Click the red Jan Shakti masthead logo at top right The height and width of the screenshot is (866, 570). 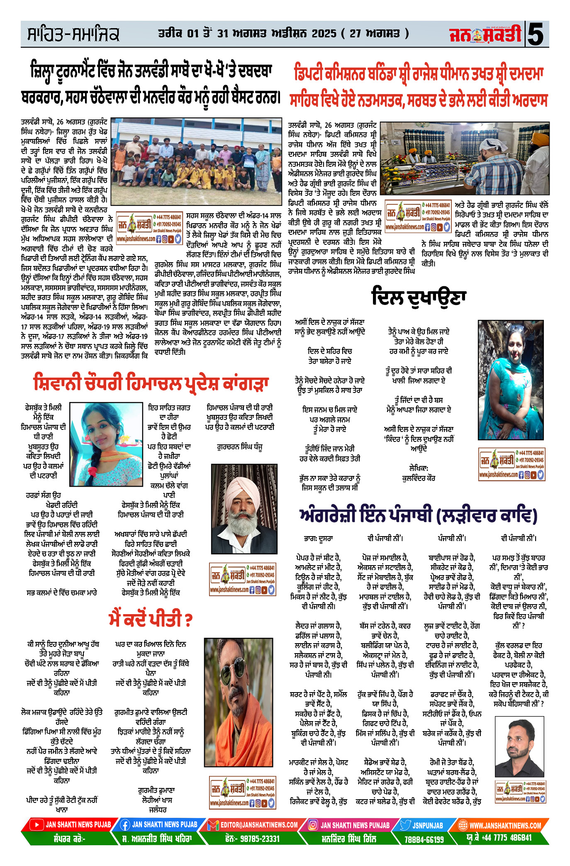(x=485, y=34)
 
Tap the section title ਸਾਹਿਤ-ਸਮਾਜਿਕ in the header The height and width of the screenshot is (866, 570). (x=73, y=34)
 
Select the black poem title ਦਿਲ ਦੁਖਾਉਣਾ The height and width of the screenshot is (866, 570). (x=419, y=297)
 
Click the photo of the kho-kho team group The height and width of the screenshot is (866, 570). (x=197, y=161)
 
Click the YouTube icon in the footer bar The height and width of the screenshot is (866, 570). (x=37, y=825)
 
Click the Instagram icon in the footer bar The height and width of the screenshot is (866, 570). (x=313, y=825)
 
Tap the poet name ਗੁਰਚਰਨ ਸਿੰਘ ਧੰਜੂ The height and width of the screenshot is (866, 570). (x=240, y=447)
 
